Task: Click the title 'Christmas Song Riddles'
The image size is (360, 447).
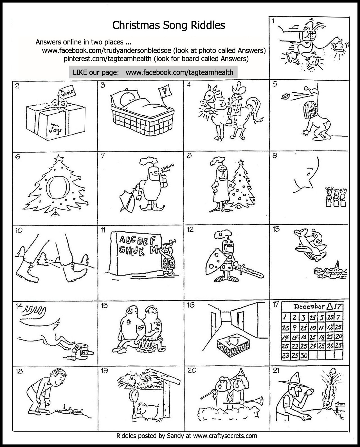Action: tap(169, 25)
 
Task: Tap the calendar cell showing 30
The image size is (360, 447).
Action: tap(303, 356)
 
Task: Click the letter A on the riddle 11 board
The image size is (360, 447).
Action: tap(123, 240)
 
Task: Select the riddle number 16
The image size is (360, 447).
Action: tap(191, 305)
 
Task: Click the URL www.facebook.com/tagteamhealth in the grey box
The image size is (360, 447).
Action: tap(179, 72)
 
